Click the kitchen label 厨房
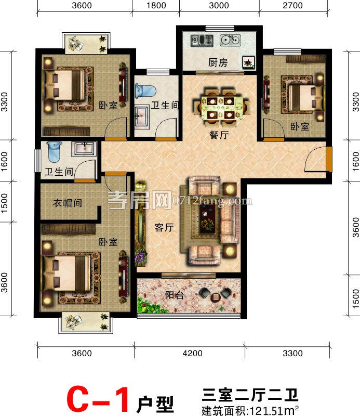218,62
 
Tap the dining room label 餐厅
219,135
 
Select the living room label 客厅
164,227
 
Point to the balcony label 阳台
174,295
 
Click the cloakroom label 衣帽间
68,203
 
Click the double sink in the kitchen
230,40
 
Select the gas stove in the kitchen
202,40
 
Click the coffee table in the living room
207,218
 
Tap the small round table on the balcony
216,297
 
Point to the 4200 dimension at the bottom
192,354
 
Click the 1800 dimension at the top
156,5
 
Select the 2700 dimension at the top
292,5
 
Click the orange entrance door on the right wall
329,159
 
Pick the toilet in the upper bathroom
145,90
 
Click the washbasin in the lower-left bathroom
85,148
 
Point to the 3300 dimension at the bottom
292,354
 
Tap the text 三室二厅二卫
250,395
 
